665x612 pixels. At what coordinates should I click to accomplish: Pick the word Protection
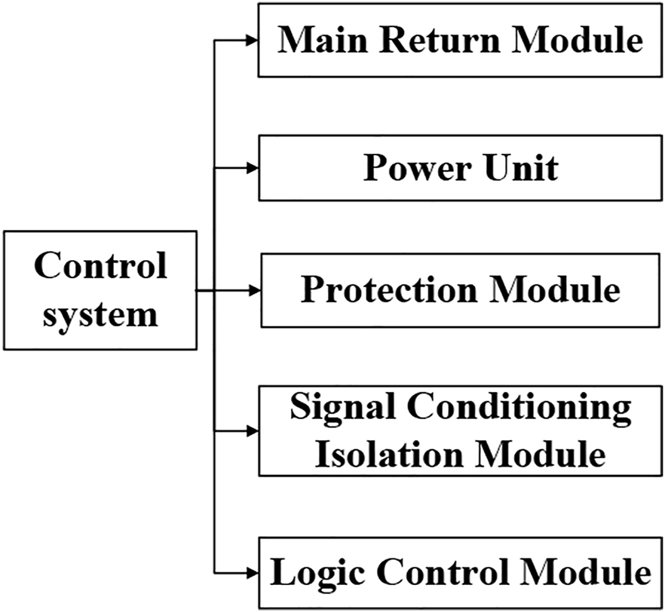(x=388, y=290)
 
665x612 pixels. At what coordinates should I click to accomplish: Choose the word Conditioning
(x=520, y=408)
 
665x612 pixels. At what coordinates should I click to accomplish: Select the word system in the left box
(x=100, y=313)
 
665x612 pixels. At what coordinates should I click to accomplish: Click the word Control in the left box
(x=100, y=265)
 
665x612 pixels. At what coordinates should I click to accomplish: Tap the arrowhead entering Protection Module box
(x=254, y=289)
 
